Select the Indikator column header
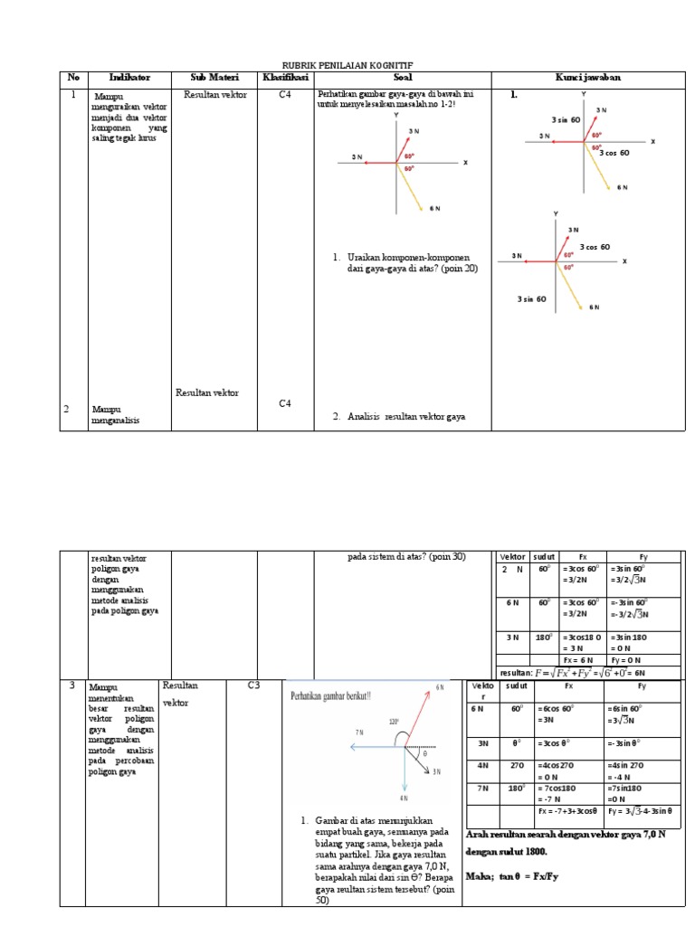(129, 78)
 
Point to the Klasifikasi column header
(285, 78)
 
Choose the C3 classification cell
(254, 685)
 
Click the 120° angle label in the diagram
(395, 722)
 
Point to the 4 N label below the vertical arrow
(403, 798)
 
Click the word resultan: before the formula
(517, 673)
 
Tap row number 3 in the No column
(71, 686)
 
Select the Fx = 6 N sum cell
(579, 660)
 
